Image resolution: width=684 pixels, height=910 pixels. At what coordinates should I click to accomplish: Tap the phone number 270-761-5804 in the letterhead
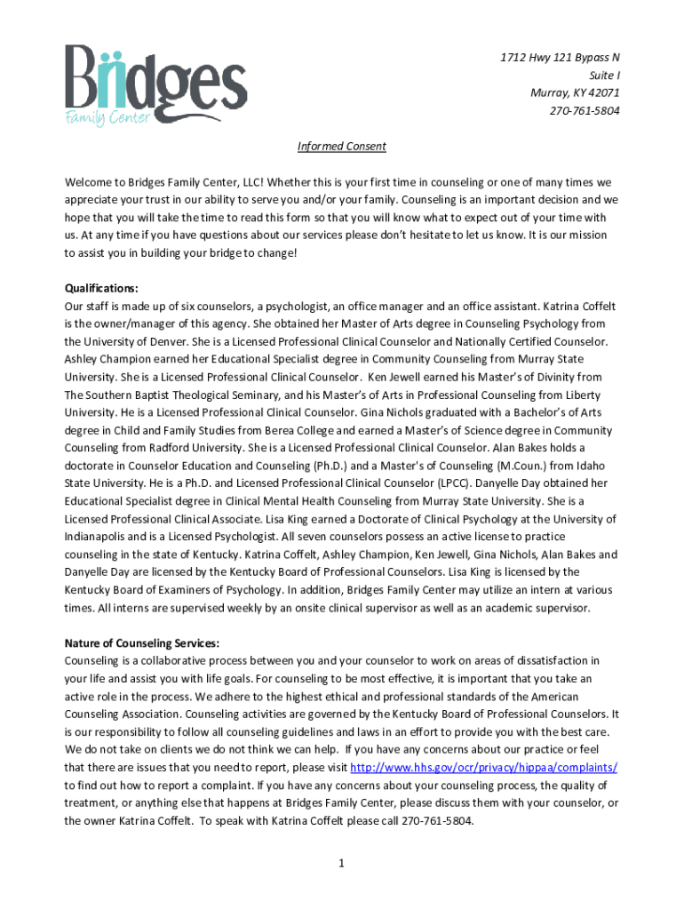point(585,111)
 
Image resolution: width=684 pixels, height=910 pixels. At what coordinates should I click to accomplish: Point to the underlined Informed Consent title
point(341,147)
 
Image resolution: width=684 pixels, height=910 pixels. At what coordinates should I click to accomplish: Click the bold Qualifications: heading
point(101,288)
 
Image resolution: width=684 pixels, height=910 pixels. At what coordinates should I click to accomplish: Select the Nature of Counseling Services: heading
point(141,643)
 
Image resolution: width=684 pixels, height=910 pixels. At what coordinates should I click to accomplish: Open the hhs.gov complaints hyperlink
point(484,768)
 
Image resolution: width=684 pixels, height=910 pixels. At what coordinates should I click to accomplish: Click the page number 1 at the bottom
point(341,861)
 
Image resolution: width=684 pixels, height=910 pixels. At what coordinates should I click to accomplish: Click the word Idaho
point(600,466)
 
